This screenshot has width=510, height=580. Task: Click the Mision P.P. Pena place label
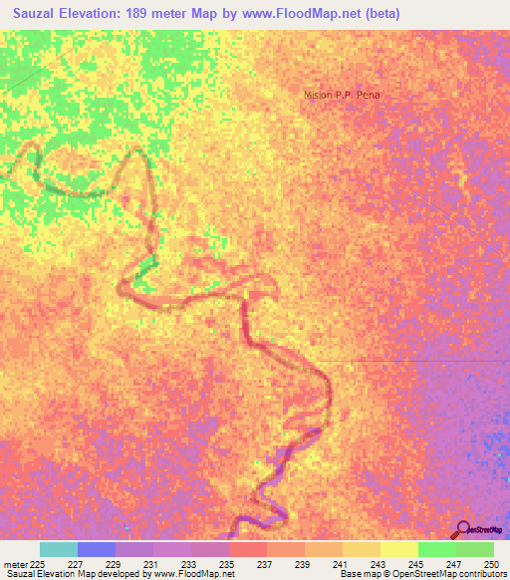(343, 95)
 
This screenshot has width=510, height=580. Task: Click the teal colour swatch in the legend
(59, 549)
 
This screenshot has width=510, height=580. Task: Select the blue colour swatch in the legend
(97, 549)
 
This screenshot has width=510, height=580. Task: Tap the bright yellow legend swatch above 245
(398, 549)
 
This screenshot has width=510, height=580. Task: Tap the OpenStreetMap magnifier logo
(462, 528)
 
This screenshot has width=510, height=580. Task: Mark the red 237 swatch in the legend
(248, 549)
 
